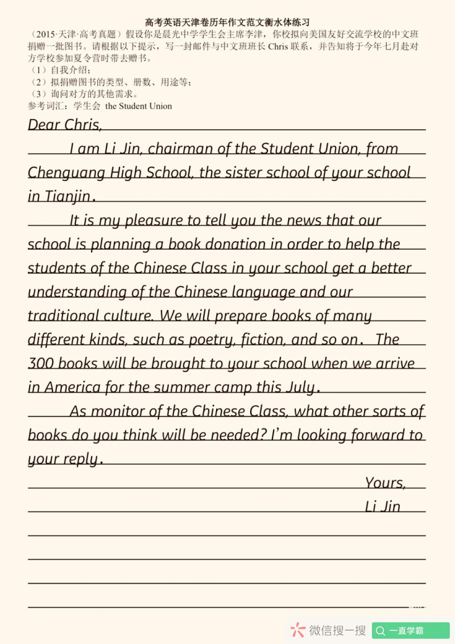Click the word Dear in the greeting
point(44,125)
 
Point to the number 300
point(40,364)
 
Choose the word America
point(72,387)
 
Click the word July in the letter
point(300,387)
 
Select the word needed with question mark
point(238,435)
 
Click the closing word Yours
point(385,483)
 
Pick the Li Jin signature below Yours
point(382,506)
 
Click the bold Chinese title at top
point(227,23)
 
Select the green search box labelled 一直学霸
point(411,630)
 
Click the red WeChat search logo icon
point(297,630)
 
